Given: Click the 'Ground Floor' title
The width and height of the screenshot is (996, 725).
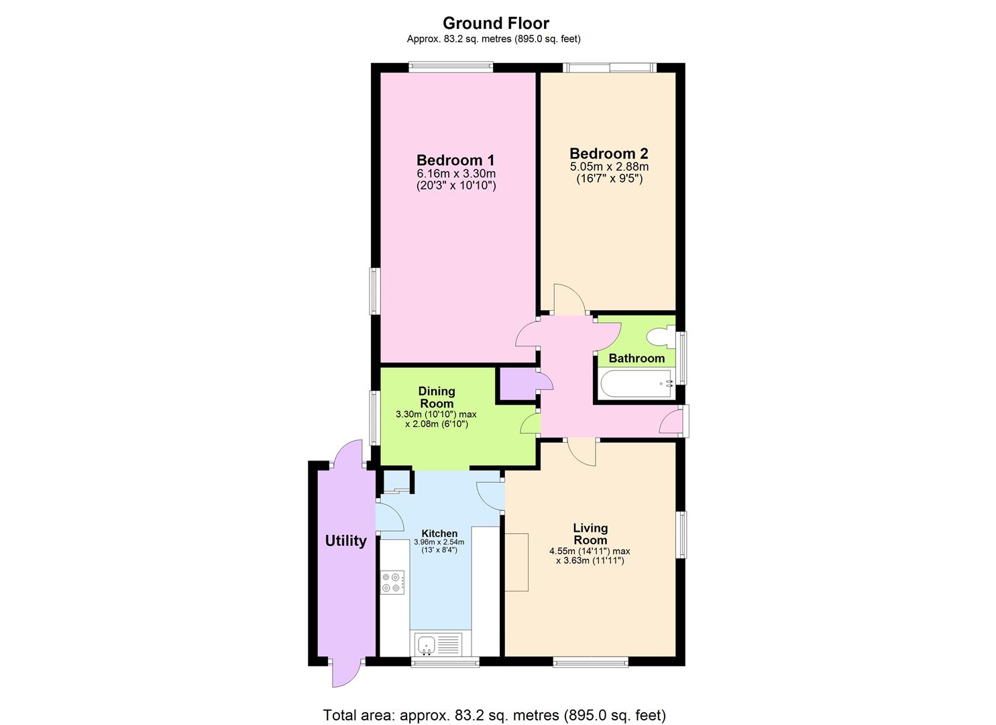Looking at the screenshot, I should click(x=496, y=23).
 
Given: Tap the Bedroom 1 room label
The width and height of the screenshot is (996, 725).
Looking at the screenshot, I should click(x=455, y=160).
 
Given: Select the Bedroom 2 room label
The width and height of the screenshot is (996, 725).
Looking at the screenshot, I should click(x=609, y=153).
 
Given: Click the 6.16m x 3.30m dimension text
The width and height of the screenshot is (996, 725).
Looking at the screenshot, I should click(x=456, y=173).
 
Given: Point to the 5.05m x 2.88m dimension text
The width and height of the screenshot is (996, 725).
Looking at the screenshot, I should click(x=609, y=166).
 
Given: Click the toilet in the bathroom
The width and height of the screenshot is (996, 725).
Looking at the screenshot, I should click(x=661, y=336).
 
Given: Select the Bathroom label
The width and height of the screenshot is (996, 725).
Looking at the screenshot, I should click(x=637, y=358).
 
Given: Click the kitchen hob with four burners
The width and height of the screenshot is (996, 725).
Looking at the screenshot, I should click(x=392, y=582).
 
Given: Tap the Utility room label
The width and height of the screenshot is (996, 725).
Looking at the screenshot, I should click(x=346, y=540).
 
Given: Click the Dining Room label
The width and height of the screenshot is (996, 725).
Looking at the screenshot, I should click(x=437, y=397).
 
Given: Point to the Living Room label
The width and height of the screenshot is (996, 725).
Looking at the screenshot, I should click(x=590, y=534).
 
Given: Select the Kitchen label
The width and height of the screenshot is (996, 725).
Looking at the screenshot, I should click(x=439, y=534).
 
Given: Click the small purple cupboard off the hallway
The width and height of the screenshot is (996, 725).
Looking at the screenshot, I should click(x=517, y=385).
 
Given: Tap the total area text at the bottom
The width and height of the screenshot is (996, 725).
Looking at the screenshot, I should click(x=494, y=715).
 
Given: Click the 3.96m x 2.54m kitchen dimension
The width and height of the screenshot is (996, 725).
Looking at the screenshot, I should click(x=439, y=542).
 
